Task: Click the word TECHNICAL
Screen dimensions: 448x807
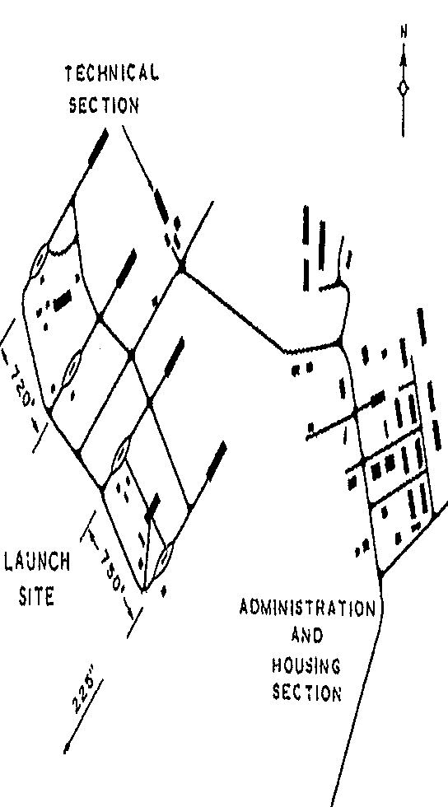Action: pyautogui.click(x=112, y=75)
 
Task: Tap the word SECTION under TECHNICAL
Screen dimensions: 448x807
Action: pyautogui.click(x=104, y=105)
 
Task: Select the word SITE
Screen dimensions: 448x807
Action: pyautogui.click(x=36, y=598)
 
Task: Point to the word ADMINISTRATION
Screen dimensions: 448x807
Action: pyautogui.click(x=307, y=609)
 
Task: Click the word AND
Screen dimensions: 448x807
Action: pyautogui.click(x=307, y=637)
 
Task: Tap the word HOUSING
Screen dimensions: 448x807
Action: pyautogui.click(x=306, y=666)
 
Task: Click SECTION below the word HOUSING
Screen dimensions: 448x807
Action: pyautogui.click(x=306, y=693)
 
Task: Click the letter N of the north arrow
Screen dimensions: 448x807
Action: pyautogui.click(x=404, y=32)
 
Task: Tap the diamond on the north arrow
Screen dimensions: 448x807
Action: pyautogui.click(x=404, y=89)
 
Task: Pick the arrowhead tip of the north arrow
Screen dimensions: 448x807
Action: pyautogui.click(x=404, y=54)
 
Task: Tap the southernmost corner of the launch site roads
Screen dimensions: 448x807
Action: pyautogui.click(x=143, y=590)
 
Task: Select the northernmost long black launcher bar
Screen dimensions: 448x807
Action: pyautogui.click(x=98, y=147)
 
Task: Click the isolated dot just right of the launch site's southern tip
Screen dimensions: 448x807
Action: pyautogui.click(x=163, y=591)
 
